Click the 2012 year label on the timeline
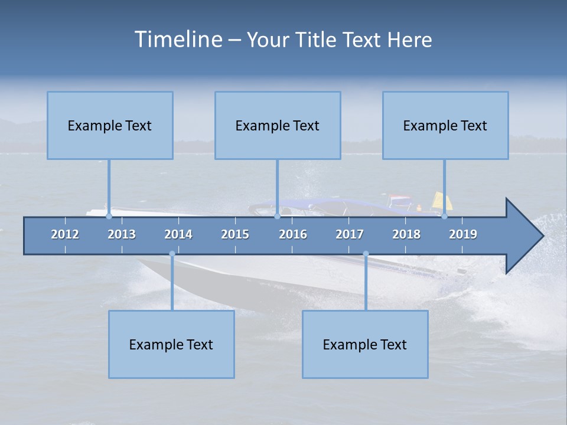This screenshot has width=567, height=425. point(65,234)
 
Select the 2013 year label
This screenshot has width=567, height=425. point(122,234)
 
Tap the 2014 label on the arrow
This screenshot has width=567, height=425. point(178,234)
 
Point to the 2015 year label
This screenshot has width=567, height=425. point(235,234)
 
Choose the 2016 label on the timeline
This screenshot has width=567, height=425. point(293,234)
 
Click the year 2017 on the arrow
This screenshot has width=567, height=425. point(350,234)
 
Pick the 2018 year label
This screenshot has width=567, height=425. point(406,234)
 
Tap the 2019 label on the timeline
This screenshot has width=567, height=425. point(463,234)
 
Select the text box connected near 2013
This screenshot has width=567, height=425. point(110,125)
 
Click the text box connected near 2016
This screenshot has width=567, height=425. point(278,125)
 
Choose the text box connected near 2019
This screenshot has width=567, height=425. point(445,125)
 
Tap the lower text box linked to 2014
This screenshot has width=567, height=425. point(171,344)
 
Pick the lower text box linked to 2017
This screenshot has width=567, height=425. point(365,344)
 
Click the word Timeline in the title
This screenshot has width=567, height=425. point(178,40)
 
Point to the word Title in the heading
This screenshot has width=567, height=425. point(318,40)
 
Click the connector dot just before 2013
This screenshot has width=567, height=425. point(109,216)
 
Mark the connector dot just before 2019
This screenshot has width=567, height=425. point(444,216)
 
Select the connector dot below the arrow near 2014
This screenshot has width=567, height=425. point(172,254)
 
